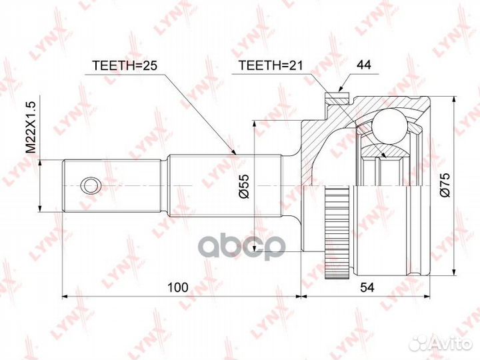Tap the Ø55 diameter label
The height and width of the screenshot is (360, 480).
tap(244, 185)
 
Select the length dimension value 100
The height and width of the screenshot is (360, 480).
tap(177, 287)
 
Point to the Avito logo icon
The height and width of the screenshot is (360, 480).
tap(422, 343)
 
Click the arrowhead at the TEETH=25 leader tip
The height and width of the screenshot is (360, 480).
tap(235, 153)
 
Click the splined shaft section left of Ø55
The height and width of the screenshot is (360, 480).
tap(200, 185)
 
